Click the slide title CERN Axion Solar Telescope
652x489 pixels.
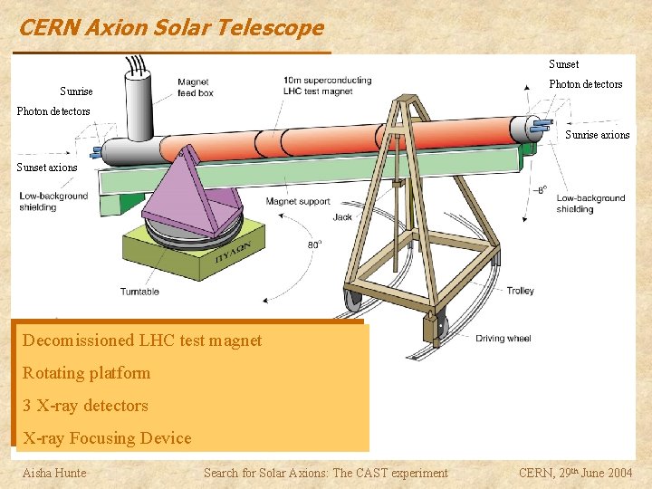171,28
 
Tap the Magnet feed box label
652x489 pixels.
195,87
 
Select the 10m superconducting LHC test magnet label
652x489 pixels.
327,86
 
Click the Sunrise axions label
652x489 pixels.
597,135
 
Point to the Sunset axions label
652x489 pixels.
47,168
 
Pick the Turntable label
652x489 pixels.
139,292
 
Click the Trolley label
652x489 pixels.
520,291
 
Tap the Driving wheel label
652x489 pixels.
503,339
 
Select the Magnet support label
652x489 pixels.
299,202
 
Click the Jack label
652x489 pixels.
342,217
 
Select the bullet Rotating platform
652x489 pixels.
87,373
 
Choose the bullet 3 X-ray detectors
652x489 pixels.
85,406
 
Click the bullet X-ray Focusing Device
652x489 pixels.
107,438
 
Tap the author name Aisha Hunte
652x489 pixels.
54,472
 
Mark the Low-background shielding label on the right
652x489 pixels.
590,204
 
